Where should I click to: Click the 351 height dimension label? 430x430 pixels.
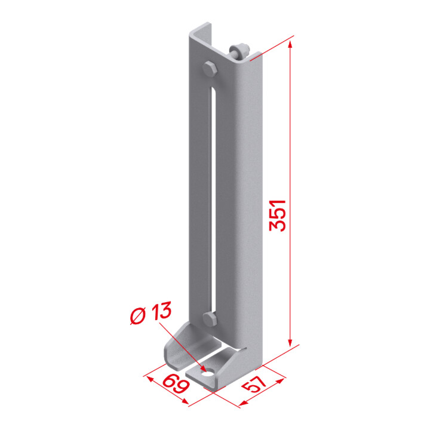coord(278,216)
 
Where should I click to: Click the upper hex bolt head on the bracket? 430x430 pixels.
coord(210,69)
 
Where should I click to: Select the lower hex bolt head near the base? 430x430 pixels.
coord(210,319)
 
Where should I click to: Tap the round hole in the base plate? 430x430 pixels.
coord(208,373)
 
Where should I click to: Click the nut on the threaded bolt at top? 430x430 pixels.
coord(242,51)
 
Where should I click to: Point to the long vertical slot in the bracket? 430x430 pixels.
coord(213,200)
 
